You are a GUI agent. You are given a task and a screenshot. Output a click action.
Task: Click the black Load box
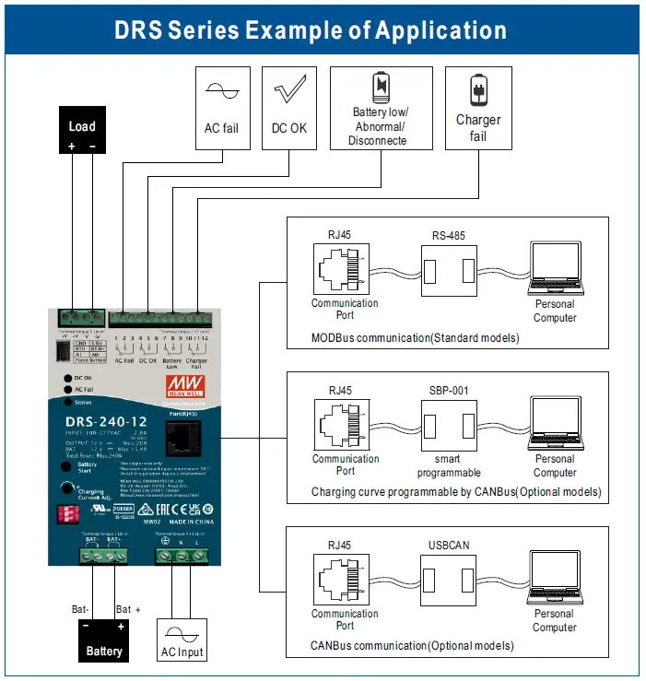[x=82, y=132]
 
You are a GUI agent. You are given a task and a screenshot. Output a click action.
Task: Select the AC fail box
[x=221, y=107]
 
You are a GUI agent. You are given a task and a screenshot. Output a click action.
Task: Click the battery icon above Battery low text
[x=380, y=88]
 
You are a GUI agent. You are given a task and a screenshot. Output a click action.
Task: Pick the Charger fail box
[x=477, y=107]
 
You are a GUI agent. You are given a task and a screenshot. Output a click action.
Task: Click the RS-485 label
[x=448, y=236]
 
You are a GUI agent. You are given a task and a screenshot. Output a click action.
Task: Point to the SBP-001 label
[x=448, y=391]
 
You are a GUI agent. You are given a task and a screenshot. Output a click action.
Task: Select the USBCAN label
[x=448, y=546]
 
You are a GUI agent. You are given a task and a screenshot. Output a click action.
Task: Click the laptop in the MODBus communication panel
[x=554, y=269]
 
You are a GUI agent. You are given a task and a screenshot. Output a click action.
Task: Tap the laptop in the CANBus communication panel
[x=554, y=580]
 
